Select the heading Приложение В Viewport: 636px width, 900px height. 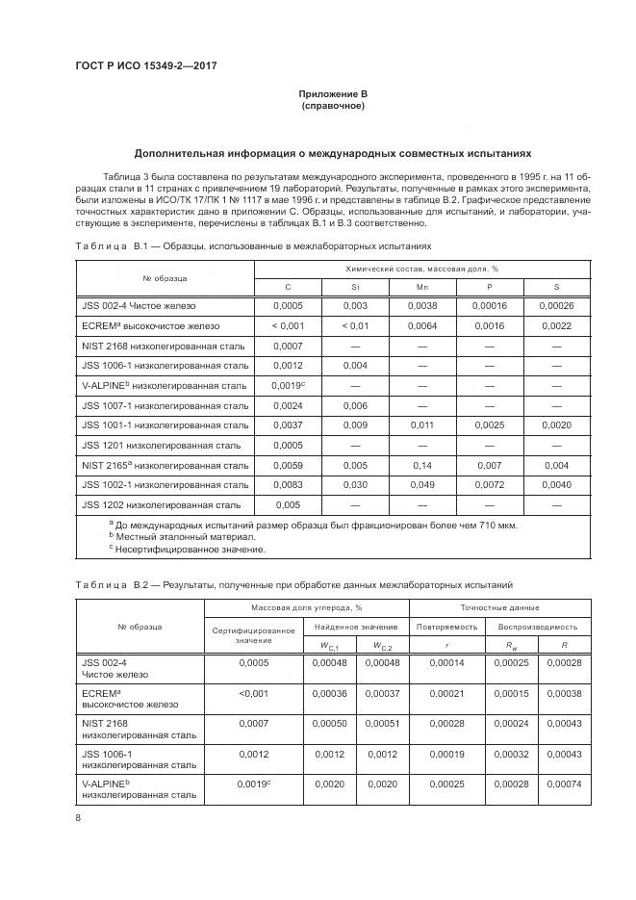[332, 93]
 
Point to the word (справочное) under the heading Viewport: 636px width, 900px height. [332, 105]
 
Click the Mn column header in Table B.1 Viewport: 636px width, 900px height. [421, 287]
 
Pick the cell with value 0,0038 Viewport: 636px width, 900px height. [421, 305]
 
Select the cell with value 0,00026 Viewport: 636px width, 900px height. [556, 305]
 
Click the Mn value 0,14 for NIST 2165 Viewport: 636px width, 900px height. [421, 465]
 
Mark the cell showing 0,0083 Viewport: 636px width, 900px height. [288, 484]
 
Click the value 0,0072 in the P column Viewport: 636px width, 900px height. [489, 484]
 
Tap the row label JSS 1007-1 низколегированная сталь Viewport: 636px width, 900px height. [165, 405]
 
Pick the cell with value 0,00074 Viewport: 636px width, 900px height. [564, 784]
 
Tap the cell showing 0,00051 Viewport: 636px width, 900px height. [377, 723]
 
